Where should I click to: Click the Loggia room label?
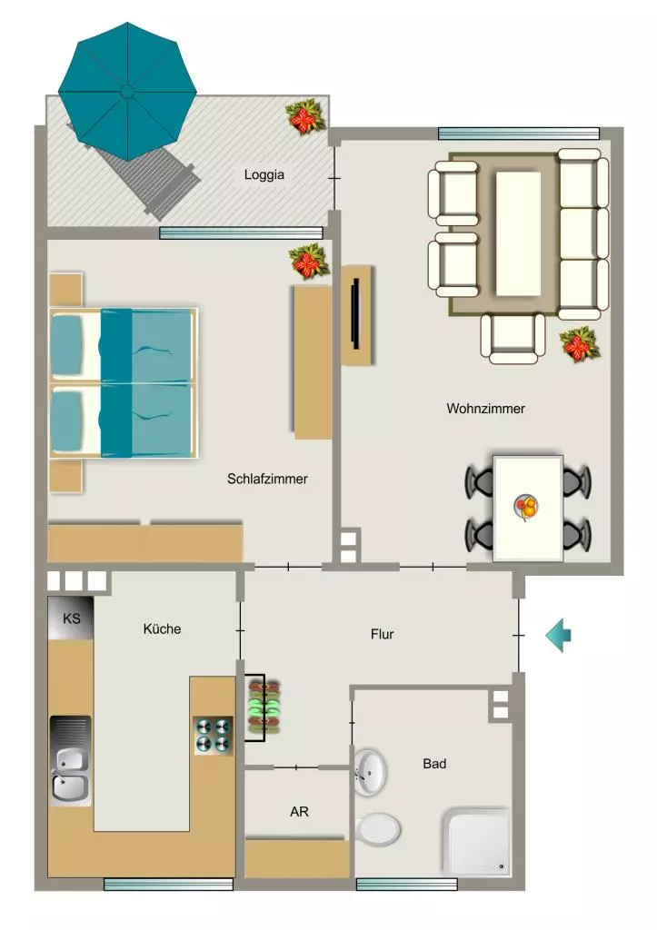tap(264, 174)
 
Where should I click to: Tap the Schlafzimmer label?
tap(267, 479)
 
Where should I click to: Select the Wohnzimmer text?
tap(485, 408)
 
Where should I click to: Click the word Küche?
tap(162, 628)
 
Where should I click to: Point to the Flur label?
tap(383, 634)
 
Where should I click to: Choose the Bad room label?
tap(434, 764)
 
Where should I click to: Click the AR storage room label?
tap(299, 812)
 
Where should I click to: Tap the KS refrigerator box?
tap(71, 618)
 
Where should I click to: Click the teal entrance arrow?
tap(559, 635)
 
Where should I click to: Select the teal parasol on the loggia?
tap(127, 92)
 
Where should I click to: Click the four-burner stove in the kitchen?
tap(213, 736)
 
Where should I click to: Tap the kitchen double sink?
tap(71, 760)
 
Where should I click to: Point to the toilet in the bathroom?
tap(378, 828)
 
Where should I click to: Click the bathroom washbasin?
tap(370, 773)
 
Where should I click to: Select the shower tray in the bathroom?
tap(476, 842)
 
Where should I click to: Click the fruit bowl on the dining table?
tap(526, 507)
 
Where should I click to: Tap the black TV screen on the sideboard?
tap(355, 313)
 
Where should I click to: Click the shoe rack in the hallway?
tap(264, 708)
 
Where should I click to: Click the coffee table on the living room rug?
tap(518, 233)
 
